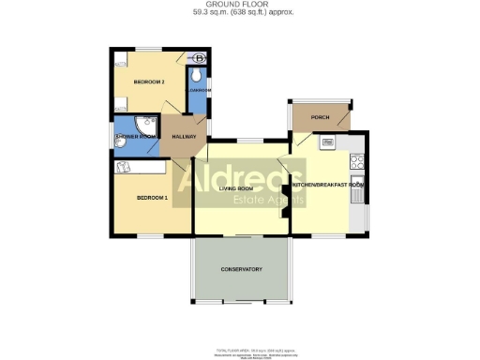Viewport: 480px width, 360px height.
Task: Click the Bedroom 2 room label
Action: coord(149,82)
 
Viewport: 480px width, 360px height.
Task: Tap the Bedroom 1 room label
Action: coord(152,198)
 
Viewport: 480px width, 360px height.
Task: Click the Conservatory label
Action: coord(241,270)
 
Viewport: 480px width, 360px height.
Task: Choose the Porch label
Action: coord(320,117)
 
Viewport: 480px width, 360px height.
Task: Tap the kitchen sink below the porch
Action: coord(329,142)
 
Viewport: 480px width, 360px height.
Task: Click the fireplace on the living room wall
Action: coord(282,197)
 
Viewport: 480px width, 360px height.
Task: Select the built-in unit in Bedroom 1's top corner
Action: coord(125,166)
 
